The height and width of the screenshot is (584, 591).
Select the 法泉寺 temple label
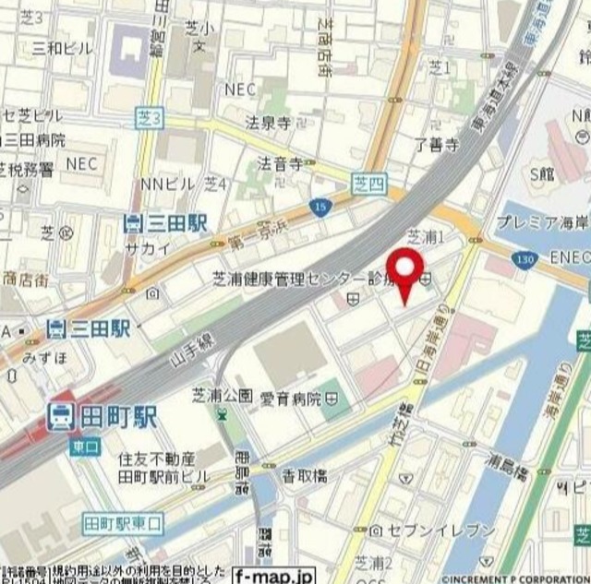[x=268, y=121]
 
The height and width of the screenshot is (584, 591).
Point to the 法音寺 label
[x=280, y=164]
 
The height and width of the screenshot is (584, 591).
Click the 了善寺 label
[x=436, y=143]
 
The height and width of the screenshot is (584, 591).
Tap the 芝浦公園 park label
[x=222, y=395]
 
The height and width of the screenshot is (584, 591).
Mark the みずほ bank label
[x=42, y=355]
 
